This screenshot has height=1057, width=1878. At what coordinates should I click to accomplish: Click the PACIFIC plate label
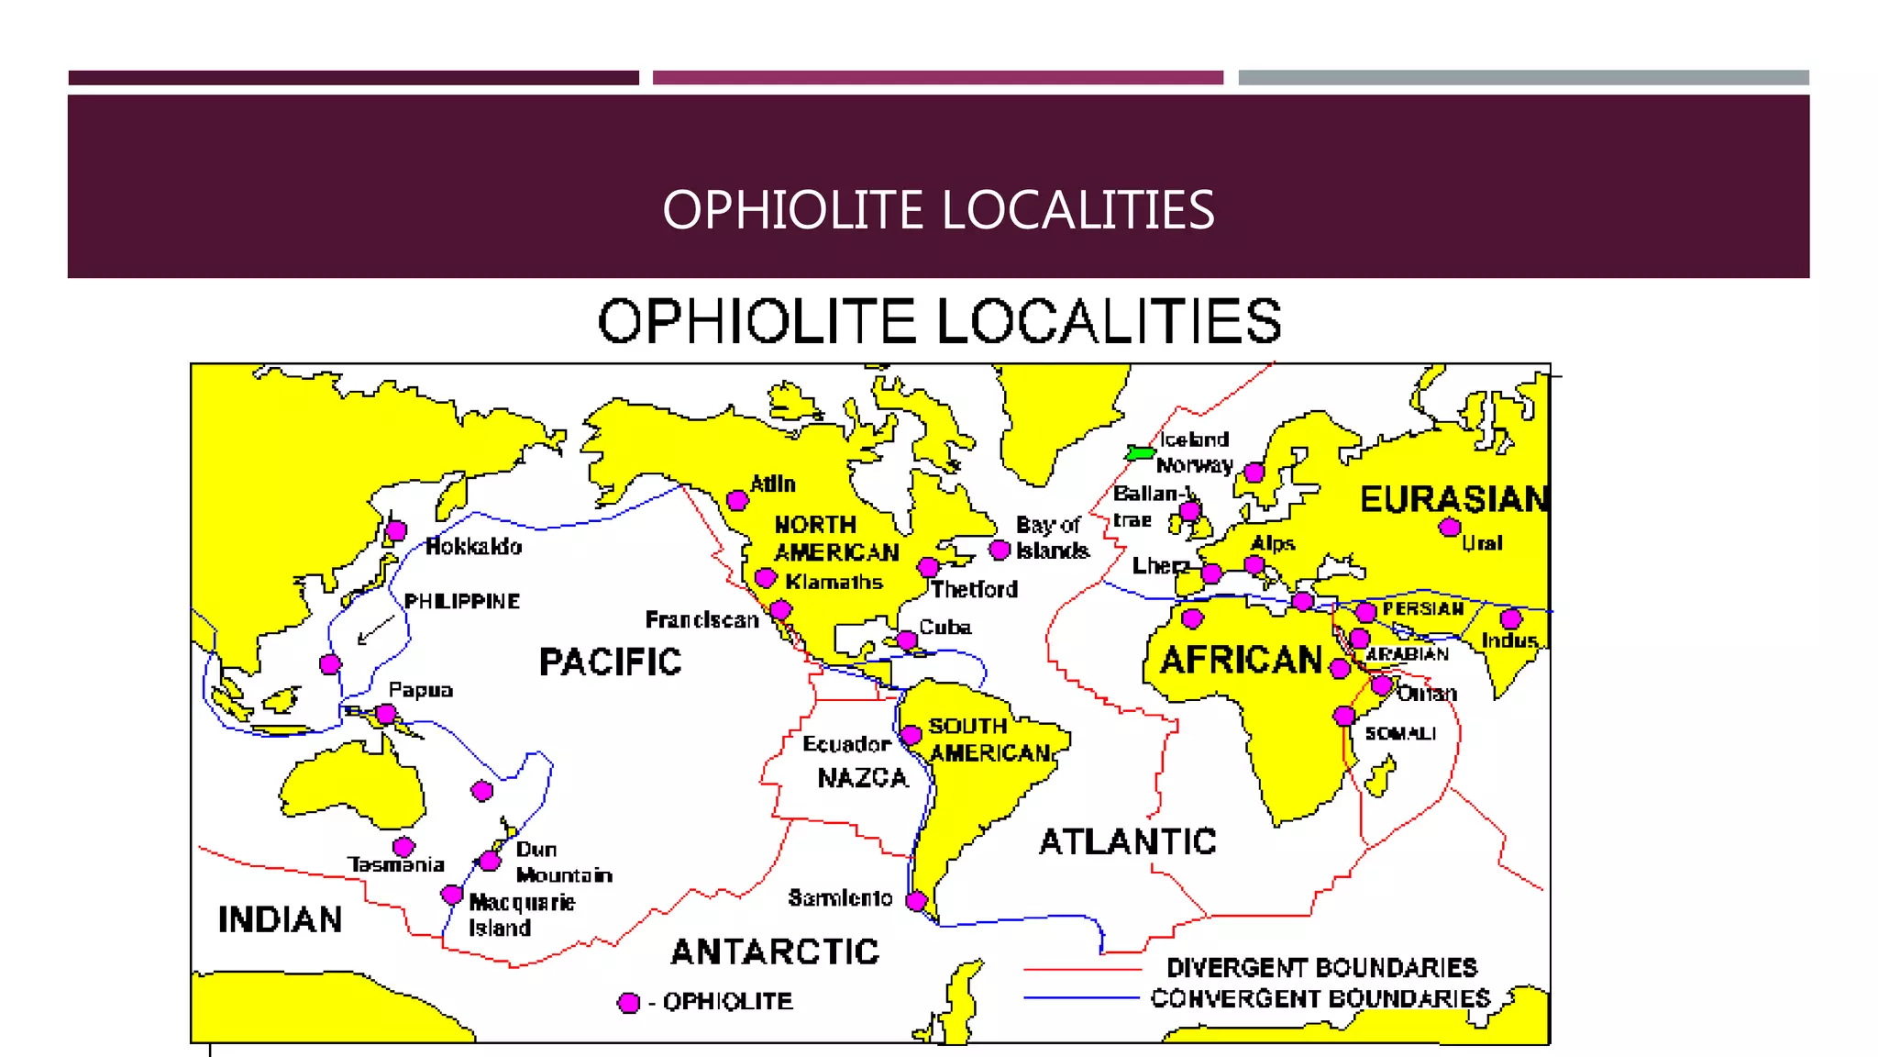point(610,662)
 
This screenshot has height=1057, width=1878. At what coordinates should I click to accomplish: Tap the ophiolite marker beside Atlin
point(737,500)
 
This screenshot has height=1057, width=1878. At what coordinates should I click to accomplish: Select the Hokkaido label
point(474,547)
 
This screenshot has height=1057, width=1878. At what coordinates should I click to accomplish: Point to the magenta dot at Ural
point(1450,527)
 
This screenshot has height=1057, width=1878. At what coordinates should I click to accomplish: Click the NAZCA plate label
point(862,778)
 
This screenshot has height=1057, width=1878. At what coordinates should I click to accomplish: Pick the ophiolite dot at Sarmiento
point(916,901)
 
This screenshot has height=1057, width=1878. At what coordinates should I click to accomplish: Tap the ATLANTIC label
point(1127,841)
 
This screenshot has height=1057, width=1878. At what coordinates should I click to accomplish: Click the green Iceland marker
point(1140,452)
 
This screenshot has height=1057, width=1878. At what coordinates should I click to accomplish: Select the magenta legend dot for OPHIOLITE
point(629,1003)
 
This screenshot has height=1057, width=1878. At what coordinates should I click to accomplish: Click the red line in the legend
point(1082,969)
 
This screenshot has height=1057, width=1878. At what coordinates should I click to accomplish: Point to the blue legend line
point(1082,997)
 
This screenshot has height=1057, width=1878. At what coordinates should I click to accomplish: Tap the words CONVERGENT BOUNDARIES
point(1320,998)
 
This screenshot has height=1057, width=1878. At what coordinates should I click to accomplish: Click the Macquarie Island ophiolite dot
point(451,894)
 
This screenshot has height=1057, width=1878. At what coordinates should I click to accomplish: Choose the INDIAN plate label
point(280,919)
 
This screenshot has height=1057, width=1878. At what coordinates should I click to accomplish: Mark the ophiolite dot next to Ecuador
point(911,735)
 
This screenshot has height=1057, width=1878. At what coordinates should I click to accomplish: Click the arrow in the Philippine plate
point(375,631)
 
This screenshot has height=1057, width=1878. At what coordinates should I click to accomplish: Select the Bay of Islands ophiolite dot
point(1000,550)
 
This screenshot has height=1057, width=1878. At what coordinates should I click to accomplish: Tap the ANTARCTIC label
point(775,951)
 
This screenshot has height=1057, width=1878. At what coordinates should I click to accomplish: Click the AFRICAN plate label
point(1241,660)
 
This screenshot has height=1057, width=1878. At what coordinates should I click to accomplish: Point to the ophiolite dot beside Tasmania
point(403,846)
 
